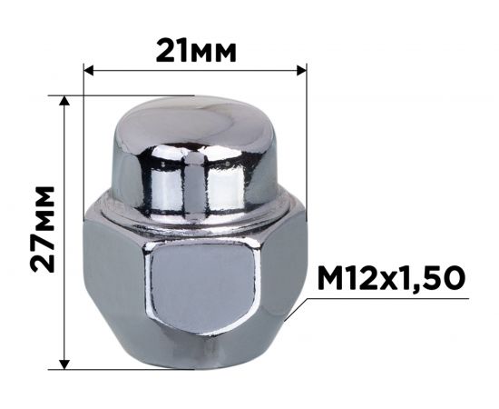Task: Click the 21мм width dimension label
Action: click(196, 48)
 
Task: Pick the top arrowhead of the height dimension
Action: click(64, 100)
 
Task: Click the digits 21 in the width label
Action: click(171, 48)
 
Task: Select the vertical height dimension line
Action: click(64, 227)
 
